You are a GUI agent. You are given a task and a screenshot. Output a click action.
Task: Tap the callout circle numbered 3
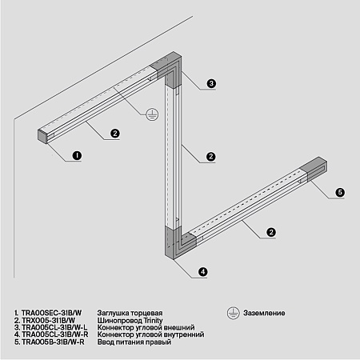211,83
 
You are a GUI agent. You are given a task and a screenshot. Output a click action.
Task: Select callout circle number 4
203,272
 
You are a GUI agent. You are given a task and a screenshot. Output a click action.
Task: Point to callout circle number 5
339,193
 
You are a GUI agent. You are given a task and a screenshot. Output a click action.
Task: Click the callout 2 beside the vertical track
210,155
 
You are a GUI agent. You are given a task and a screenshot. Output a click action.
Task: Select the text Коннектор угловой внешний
145,327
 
